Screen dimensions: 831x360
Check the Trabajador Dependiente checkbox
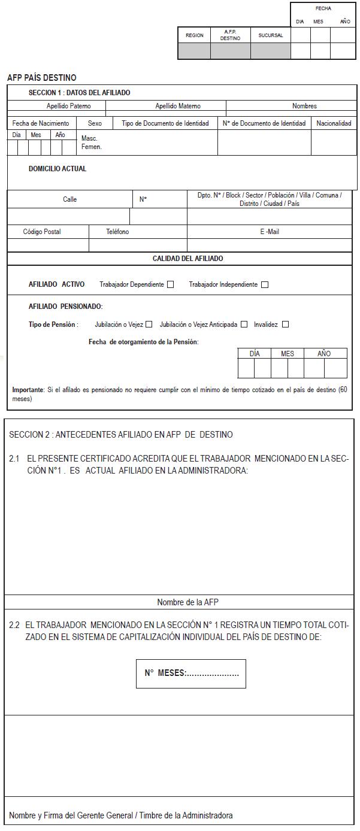click(171, 284)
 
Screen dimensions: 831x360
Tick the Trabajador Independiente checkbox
click(265, 284)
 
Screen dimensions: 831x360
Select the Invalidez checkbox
click(285, 324)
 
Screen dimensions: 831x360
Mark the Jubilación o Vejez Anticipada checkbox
click(244, 324)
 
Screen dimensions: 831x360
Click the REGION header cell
click(194, 35)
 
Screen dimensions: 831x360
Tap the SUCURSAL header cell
click(270, 35)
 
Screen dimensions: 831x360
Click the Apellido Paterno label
click(69, 106)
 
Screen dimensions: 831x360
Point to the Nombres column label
click(304, 106)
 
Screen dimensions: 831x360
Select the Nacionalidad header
click(334, 123)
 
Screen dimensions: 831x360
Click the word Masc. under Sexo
click(89, 138)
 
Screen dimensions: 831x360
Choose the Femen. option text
click(91, 147)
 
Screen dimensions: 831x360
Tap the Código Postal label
click(42, 232)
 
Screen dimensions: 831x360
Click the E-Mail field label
click(269, 232)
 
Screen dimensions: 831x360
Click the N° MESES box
click(191, 674)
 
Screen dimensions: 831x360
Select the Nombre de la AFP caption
click(183, 602)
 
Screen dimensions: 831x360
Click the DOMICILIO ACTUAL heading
click(58, 169)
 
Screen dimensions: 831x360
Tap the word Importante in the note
click(28, 390)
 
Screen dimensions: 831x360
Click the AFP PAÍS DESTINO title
click(41, 78)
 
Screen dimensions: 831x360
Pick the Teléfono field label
click(117, 232)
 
